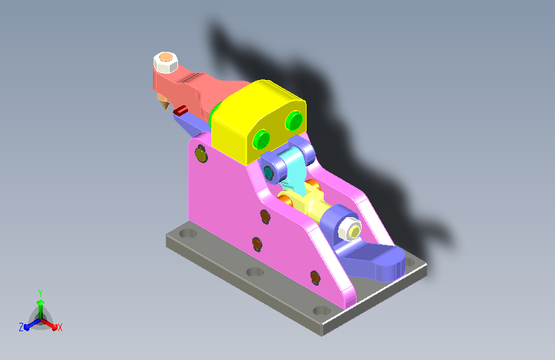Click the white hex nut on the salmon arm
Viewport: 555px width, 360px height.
tap(166, 62)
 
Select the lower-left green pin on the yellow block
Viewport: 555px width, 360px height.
tap(261, 138)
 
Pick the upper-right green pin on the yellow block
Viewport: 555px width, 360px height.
tap(294, 120)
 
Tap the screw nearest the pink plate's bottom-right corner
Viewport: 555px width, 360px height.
tap(314, 277)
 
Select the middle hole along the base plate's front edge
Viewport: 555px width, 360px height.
tap(254, 272)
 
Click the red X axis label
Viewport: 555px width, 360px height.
tap(60, 327)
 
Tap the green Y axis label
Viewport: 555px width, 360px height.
tap(40, 291)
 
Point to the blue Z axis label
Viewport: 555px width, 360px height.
tap(21, 327)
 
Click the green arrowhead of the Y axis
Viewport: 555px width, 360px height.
tap(40, 302)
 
